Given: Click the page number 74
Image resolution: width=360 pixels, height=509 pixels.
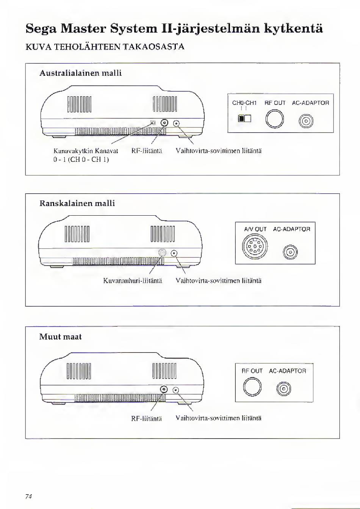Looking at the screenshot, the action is (28, 496).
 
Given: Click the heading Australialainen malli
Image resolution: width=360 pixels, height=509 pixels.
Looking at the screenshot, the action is (80, 73).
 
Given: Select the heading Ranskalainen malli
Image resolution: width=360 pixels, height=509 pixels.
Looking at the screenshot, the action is (77, 203).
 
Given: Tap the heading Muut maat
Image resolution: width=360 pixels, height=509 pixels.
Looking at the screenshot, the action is (60, 337).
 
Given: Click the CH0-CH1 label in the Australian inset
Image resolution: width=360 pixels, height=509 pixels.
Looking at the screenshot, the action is (244, 103).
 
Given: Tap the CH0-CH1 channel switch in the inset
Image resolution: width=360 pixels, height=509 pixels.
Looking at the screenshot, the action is (244, 119).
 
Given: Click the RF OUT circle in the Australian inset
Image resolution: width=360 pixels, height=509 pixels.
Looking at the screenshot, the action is (274, 119).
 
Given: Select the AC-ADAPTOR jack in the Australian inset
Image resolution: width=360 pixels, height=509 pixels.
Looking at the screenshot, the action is (306, 122).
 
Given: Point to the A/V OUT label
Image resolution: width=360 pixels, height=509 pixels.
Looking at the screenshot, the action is (255, 229).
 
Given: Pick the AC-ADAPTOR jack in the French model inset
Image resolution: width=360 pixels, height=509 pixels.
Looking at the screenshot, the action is (291, 251).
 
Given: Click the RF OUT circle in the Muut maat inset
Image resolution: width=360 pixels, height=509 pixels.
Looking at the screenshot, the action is (252, 387).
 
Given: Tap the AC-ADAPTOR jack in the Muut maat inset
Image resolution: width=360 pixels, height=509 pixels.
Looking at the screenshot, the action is (284, 389).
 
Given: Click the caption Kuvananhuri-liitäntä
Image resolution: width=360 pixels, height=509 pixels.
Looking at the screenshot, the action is (133, 281).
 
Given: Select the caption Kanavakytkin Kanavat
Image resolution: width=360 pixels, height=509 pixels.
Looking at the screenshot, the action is (86, 151).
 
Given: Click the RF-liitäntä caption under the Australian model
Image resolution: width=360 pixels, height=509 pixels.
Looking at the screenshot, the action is (146, 151).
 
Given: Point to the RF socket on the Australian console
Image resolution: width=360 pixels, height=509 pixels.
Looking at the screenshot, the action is (164, 123).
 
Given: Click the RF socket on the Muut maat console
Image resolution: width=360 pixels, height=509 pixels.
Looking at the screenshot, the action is (164, 389).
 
